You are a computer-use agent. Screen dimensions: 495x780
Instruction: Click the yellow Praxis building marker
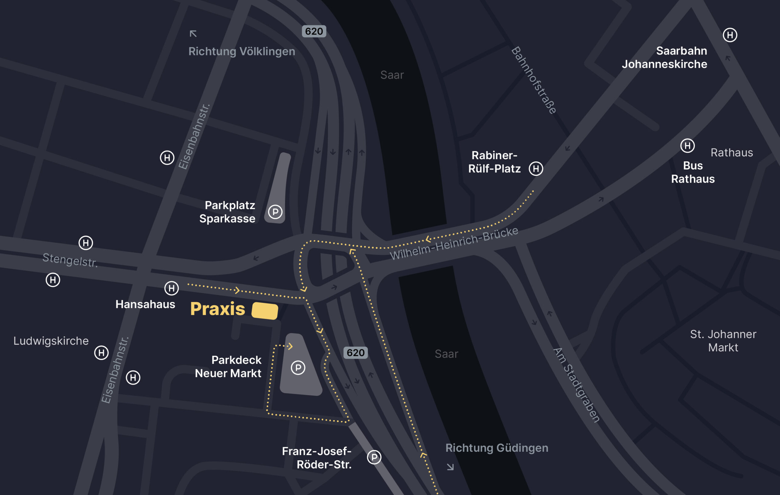[x=265, y=311]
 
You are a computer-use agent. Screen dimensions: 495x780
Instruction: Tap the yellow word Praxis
[x=217, y=309]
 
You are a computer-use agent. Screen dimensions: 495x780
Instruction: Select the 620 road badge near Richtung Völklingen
[x=314, y=31]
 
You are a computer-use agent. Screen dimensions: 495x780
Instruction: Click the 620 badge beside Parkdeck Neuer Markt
[x=355, y=353]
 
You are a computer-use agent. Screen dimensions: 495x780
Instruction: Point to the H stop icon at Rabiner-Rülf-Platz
[x=536, y=169]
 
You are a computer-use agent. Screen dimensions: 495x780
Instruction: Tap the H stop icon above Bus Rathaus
[x=687, y=146]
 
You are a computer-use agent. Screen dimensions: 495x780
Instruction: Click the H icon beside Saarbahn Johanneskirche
[x=730, y=35]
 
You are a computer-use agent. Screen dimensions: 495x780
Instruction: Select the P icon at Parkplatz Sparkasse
[x=275, y=212]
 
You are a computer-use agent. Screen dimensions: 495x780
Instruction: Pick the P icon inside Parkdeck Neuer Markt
[x=298, y=368]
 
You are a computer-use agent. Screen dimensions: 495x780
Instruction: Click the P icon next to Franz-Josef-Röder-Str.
[x=374, y=457]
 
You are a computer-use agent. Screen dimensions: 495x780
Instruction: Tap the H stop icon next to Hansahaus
[x=171, y=288]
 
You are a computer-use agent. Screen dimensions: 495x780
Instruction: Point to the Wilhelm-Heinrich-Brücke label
[x=453, y=243]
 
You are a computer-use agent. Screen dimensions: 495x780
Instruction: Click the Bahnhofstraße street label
[x=534, y=80]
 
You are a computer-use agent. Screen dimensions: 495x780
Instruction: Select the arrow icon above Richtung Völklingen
[x=193, y=34]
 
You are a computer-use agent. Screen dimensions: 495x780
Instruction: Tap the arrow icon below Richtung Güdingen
[x=450, y=467]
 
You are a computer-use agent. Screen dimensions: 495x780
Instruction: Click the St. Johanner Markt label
[x=723, y=341]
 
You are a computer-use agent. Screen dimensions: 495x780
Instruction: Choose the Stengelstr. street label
[x=70, y=260]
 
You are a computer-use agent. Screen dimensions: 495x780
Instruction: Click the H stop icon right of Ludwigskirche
[x=101, y=353]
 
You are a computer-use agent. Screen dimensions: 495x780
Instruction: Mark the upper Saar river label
[x=392, y=75]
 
